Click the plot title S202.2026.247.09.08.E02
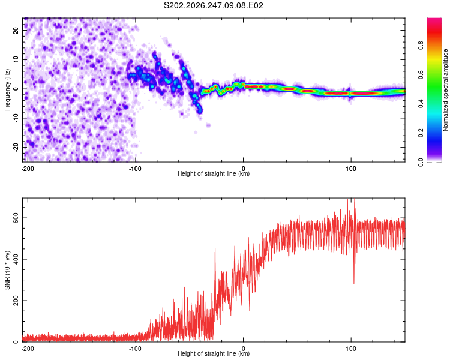point(213,5)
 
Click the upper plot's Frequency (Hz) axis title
point(7,90)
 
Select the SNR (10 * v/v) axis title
point(7,270)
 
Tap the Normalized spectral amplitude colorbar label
point(445,90)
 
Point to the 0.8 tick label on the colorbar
point(421,46)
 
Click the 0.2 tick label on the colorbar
point(421,133)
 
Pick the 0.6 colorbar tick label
point(421,74)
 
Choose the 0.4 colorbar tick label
point(421,104)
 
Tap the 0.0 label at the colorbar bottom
point(421,162)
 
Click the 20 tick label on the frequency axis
point(16,30)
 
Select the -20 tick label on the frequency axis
point(16,147)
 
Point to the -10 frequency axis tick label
point(16,118)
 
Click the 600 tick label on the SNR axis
point(16,218)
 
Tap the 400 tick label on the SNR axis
point(16,259)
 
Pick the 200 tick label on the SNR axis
point(16,301)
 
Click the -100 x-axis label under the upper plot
point(135,169)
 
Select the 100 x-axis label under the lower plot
point(351,349)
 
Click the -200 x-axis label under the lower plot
point(28,349)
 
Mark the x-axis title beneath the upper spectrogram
point(214,173)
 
